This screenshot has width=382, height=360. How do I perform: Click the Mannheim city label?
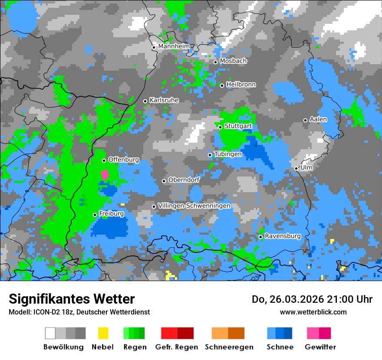click(174, 46)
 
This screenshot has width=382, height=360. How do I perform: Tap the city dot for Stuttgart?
click(221, 127)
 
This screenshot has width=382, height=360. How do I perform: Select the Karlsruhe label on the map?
click(164, 100)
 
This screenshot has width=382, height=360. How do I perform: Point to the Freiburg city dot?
click(95, 215)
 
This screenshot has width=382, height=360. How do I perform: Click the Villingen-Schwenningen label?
click(194, 206)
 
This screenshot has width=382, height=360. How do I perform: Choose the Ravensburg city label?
click(283, 236)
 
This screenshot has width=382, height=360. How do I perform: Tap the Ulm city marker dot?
click(296, 168)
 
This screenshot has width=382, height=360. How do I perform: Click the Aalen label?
click(318, 119)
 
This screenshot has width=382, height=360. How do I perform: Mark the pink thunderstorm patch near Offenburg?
click(105, 175)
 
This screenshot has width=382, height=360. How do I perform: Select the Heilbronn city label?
click(241, 85)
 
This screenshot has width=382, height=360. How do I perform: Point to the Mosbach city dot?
click(215, 62)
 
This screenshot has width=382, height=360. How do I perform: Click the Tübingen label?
click(228, 154)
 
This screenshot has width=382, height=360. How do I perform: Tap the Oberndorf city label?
click(184, 180)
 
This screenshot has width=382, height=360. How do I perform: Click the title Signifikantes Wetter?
click(72, 299)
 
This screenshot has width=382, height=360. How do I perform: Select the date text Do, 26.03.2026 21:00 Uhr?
click(312, 299)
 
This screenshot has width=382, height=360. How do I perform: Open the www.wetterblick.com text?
click(313, 312)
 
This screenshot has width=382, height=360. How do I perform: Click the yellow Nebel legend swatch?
click(103, 333)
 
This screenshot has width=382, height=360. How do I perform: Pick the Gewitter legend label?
click(320, 347)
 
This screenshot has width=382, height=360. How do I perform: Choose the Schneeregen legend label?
click(229, 347)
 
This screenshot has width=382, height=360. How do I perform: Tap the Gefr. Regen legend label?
click(177, 347)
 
